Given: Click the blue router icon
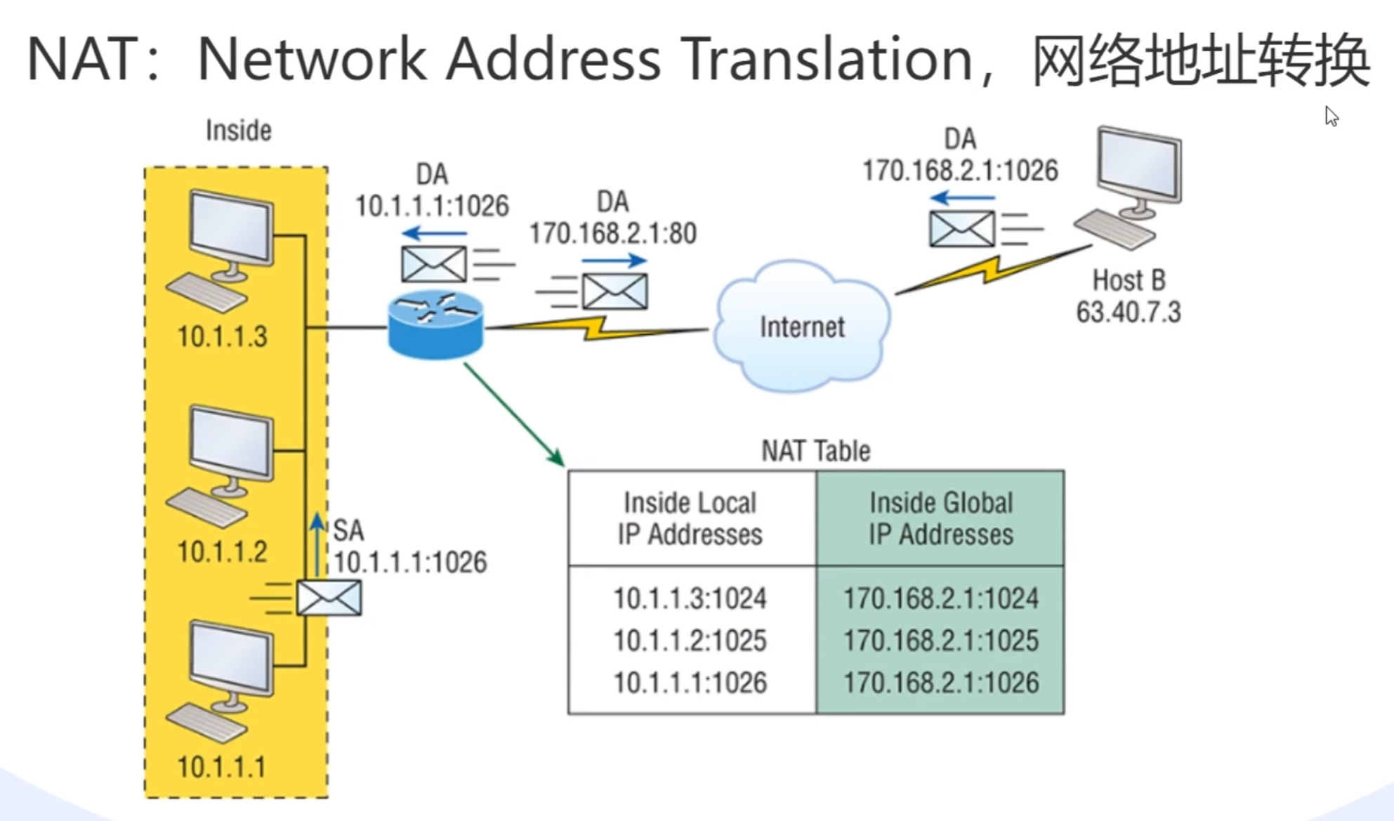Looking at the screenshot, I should [435, 324].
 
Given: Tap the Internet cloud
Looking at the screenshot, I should [802, 326].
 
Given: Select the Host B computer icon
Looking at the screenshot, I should [1132, 186].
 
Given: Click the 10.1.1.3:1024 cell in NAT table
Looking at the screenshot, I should [690, 598].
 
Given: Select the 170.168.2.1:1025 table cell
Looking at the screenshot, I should [940, 641].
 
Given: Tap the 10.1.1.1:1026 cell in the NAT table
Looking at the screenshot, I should [690, 683].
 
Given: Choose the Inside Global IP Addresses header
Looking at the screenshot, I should [940, 518].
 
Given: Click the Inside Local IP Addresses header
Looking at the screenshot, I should [690, 518].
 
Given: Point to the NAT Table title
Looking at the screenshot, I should [815, 451].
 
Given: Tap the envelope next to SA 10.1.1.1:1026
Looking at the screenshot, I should [329, 598].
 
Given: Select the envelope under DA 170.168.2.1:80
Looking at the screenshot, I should [614, 291].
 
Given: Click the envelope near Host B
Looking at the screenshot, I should [961, 229].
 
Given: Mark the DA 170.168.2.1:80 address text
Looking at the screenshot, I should [612, 233].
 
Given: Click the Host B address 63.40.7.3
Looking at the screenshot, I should [1129, 312].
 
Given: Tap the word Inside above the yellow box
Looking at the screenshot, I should [238, 131].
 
